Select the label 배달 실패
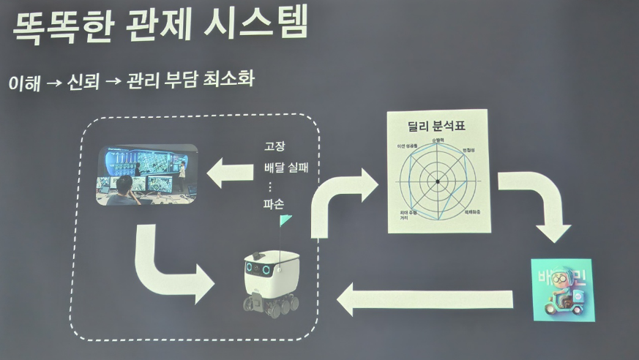point(286,167)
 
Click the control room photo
point(148,173)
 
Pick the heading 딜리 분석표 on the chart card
point(437,126)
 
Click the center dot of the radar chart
point(437,181)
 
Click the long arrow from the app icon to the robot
point(424,299)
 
